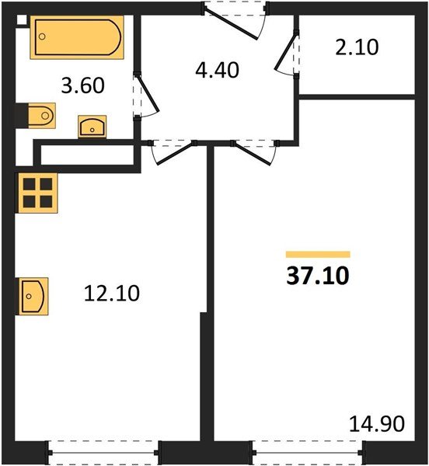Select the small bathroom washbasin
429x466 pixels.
coord(93,126)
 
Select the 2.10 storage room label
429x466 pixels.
coord(357,47)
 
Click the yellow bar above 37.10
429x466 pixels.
coord(318,254)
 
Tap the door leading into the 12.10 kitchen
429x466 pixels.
coord(172,151)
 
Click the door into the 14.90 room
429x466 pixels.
coord(253,151)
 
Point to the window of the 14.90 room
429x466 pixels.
coord(306,450)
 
